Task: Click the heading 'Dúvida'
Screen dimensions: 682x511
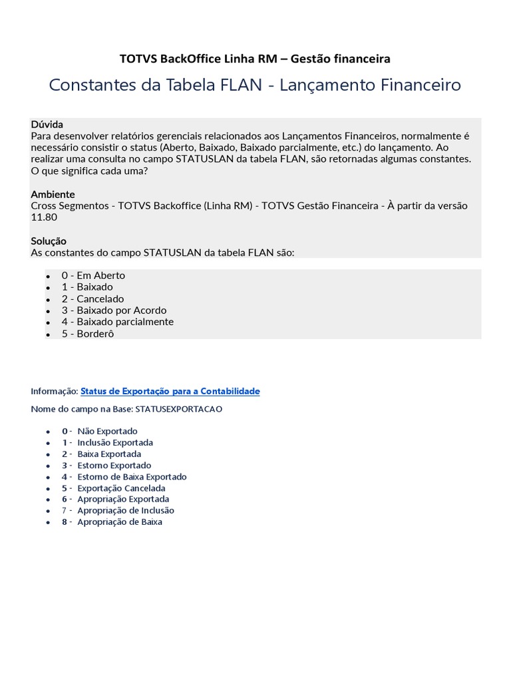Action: pyautogui.click(x=47, y=125)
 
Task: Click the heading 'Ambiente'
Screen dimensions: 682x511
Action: pyautogui.click(x=53, y=194)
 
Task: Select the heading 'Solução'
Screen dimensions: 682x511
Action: pyautogui.click(x=49, y=240)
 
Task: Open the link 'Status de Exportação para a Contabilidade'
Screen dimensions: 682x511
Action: pyautogui.click(x=170, y=391)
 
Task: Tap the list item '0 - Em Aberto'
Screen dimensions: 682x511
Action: pyautogui.click(x=93, y=275)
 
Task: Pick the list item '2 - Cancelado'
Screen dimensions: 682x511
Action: pyautogui.click(x=92, y=298)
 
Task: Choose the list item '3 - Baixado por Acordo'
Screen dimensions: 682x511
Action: pyautogui.click(x=114, y=310)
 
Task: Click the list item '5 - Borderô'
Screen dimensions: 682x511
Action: pyautogui.click(x=88, y=333)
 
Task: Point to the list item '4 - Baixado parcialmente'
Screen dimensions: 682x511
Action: pyautogui.click(x=117, y=321)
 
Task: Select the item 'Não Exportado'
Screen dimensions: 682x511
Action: pyautogui.click(x=107, y=431)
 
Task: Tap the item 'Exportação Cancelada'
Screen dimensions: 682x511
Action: pyautogui.click(x=121, y=488)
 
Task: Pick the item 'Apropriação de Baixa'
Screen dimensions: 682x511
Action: pyautogui.click(x=120, y=521)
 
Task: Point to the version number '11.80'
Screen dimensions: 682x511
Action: pyautogui.click(x=44, y=217)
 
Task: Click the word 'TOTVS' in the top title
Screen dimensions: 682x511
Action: pyautogui.click(x=135, y=59)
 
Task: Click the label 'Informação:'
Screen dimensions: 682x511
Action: pyautogui.click(x=55, y=391)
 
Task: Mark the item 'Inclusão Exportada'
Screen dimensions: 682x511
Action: pyautogui.click(x=115, y=442)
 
